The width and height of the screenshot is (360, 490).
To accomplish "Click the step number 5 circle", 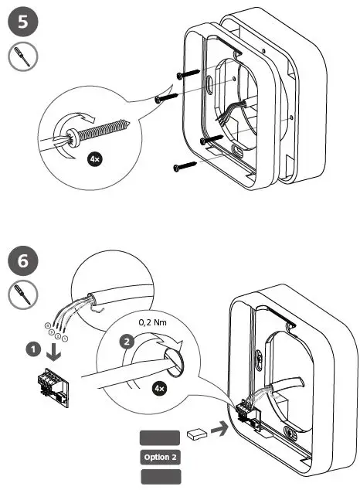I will pyautogui.click(x=22, y=23).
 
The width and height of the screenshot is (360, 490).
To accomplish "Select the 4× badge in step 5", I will pyautogui.click(x=96, y=160).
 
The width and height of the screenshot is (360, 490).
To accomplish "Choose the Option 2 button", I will pyautogui.click(x=159, y=457).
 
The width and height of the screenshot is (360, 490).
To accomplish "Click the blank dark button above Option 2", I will pyautogui.click(x=159, y=438).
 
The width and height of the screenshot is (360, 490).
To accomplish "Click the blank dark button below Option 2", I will pyautogui.click(x=159, y=476).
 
